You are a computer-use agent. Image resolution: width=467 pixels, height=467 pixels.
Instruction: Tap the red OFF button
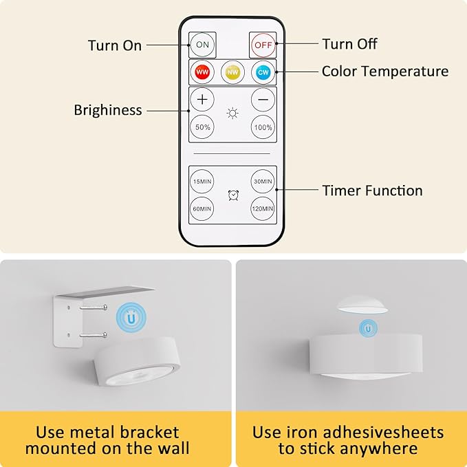click(x=263, y=45)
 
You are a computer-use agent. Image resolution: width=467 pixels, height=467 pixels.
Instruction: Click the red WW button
click(x=202, y=72)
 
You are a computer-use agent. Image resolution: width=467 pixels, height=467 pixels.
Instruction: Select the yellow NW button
click(x=232, y=72)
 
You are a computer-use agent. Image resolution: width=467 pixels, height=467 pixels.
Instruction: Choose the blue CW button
click(x=263, y=72)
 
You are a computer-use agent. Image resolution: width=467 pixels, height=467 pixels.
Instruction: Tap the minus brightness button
click(x=263, y=100)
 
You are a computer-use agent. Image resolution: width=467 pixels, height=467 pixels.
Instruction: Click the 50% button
click(x=202, y=127)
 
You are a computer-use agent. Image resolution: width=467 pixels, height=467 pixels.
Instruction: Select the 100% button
click(x=263, y=127)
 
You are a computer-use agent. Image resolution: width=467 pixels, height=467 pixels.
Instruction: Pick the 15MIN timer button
click(x=202, y=182)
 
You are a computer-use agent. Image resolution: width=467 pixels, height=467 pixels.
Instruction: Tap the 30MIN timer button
click(x=263, y=182)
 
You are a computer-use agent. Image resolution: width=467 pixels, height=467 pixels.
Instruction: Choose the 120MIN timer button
click(x=263, y=208)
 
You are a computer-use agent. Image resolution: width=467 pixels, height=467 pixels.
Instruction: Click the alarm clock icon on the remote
click(x=233, y=195)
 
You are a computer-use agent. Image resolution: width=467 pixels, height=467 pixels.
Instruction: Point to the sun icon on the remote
click(x=232, y=113)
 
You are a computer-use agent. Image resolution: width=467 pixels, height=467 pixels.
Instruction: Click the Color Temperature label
click(x=385, y=72)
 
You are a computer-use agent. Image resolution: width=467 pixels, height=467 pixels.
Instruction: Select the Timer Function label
click(x=372, y=191)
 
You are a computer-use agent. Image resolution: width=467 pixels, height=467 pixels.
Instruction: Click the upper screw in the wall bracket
click(x=94, y=307)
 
